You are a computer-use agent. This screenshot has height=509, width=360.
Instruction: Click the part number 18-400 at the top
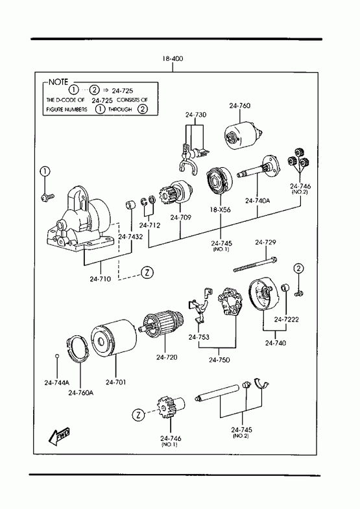pyautogui.click(x=173, y=59)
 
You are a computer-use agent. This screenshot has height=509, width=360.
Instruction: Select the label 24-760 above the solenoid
pyautogui.click(x=239, y=106)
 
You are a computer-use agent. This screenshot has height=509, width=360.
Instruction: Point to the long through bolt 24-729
pyautogui.click(x=255, y=265)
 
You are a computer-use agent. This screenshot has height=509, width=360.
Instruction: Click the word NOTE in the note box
pyautogui.click(x=58, y=82)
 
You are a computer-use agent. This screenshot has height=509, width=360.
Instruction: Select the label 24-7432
pyautogui.click(x=130, y=237)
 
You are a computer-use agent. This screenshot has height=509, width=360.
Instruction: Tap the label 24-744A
pyautogui.click(x=57, y=383)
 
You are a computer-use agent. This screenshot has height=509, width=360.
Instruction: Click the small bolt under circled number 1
pyautogui.click(x=48, y=196)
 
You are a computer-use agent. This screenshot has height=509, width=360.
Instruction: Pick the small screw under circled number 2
pyautogui.click(x=299, y=294)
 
